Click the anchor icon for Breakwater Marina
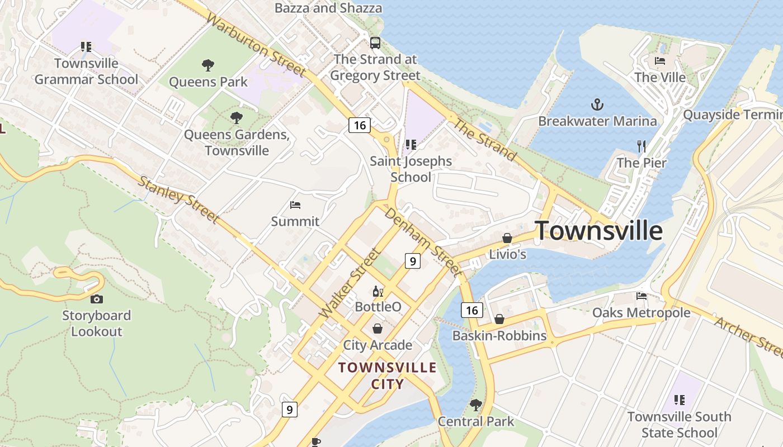point(597,104)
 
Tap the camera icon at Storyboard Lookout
point(96,299)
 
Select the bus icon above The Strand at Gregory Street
point(375,42)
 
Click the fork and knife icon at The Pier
point(642,146)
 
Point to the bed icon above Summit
point(295,205)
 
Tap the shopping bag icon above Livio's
point(507,238)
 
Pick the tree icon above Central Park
point(475,405)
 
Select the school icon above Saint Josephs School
point(411,145)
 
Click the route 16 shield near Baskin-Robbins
point(471,310)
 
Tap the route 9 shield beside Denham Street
point(412,260)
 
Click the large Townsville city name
point(599,231)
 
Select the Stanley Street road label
point(178,199)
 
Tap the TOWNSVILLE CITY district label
point(387,375)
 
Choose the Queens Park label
point(208,82)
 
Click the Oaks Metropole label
point(641,312)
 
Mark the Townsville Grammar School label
point(86,71)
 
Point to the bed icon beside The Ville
point(660,61)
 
